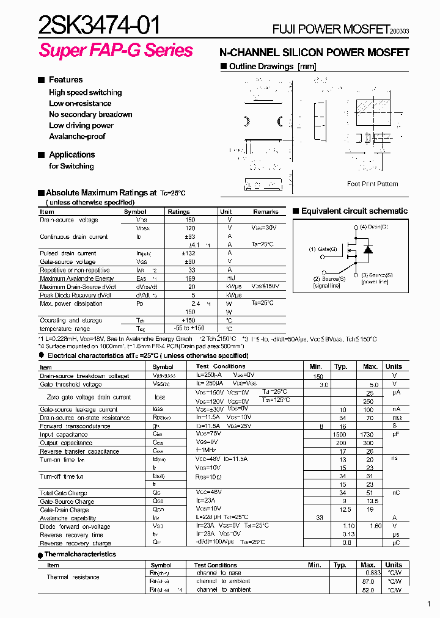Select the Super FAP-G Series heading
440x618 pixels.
pyautogui.click(x=116, y=51)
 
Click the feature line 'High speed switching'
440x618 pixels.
pyautogui.click(x=85, y=92)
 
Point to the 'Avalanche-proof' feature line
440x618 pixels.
pyautogui.click(x=77, y=136)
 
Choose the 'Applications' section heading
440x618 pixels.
pyautogui.click(x=71, y=154)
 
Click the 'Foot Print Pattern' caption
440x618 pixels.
pyautogui.click(x=372, y=184)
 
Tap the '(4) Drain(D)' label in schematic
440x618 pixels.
pyautogui.click(x=373, y=227)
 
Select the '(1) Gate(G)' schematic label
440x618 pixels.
pyautogui.click(x=323, y=249)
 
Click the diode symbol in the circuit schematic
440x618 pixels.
pyautogui.click(x=367, y=249)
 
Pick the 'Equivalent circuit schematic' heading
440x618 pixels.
pyautogui.click(x=354, y=211)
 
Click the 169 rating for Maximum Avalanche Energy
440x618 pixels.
pyautogui.click(x=192, y=278)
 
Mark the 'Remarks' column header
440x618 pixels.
pyautogui.click(x=266, y=212)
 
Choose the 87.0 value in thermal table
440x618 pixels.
pyautogui.click(x=368, y=581)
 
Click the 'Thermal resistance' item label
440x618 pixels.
pyautogui.click(x=73, y=577)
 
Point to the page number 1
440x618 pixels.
pyautogui.click(x=430, y=605)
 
